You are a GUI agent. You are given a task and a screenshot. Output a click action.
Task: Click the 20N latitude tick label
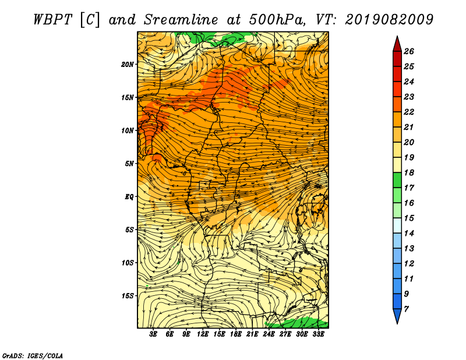(128, 65)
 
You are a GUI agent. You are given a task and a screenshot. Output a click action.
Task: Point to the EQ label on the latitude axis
(129, 197)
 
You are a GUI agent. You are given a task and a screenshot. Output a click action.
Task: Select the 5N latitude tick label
(129, 164)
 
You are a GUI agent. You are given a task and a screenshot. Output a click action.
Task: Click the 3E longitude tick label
(153, 334)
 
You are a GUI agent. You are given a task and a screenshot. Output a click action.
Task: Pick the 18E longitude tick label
(236, 334)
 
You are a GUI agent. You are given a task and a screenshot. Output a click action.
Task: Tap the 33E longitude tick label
(318, 334)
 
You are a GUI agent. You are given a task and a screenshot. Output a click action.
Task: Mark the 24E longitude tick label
(269, 334)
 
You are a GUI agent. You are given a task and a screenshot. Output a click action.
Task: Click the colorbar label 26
(409, 51)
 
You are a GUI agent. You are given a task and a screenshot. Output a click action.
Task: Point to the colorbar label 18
(409, 172)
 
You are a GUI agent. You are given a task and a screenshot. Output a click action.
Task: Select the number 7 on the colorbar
(406, 309)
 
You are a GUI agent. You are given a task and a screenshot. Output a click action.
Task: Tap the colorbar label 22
(409, 112)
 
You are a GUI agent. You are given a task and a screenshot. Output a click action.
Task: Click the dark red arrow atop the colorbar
(397, 44)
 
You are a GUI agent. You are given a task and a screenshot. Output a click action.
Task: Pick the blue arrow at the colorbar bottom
(397, 316)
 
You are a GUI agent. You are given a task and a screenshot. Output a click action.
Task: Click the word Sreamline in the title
(181, 20)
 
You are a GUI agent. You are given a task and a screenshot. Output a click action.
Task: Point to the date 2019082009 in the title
(389, 20)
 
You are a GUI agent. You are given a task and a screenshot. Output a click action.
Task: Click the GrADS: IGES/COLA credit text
(33, 355)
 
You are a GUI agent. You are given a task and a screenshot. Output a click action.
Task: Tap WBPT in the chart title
(52, 20)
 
